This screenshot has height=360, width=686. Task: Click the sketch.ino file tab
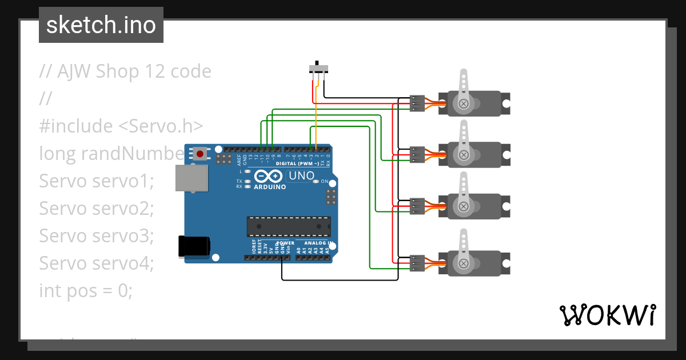coord(101,25)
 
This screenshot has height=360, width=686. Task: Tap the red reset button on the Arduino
coord(200,153)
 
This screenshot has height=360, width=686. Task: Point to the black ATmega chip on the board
coord(288,226)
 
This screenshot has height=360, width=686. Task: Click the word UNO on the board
coord(301,175)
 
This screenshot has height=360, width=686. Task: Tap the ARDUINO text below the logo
coord(270,186)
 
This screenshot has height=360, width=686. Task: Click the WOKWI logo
coord(607,315)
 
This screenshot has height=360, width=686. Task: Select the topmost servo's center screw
coord(463,103)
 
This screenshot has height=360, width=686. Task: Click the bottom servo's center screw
coord(463,263)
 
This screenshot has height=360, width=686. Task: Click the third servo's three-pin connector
coord(417,206)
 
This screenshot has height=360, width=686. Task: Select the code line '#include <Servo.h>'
coord(121,126)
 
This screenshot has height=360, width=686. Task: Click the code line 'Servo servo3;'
coord(97,235)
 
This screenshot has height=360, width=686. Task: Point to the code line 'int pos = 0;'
coord(86,290)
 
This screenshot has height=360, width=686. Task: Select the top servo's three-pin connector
coord(417,103)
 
